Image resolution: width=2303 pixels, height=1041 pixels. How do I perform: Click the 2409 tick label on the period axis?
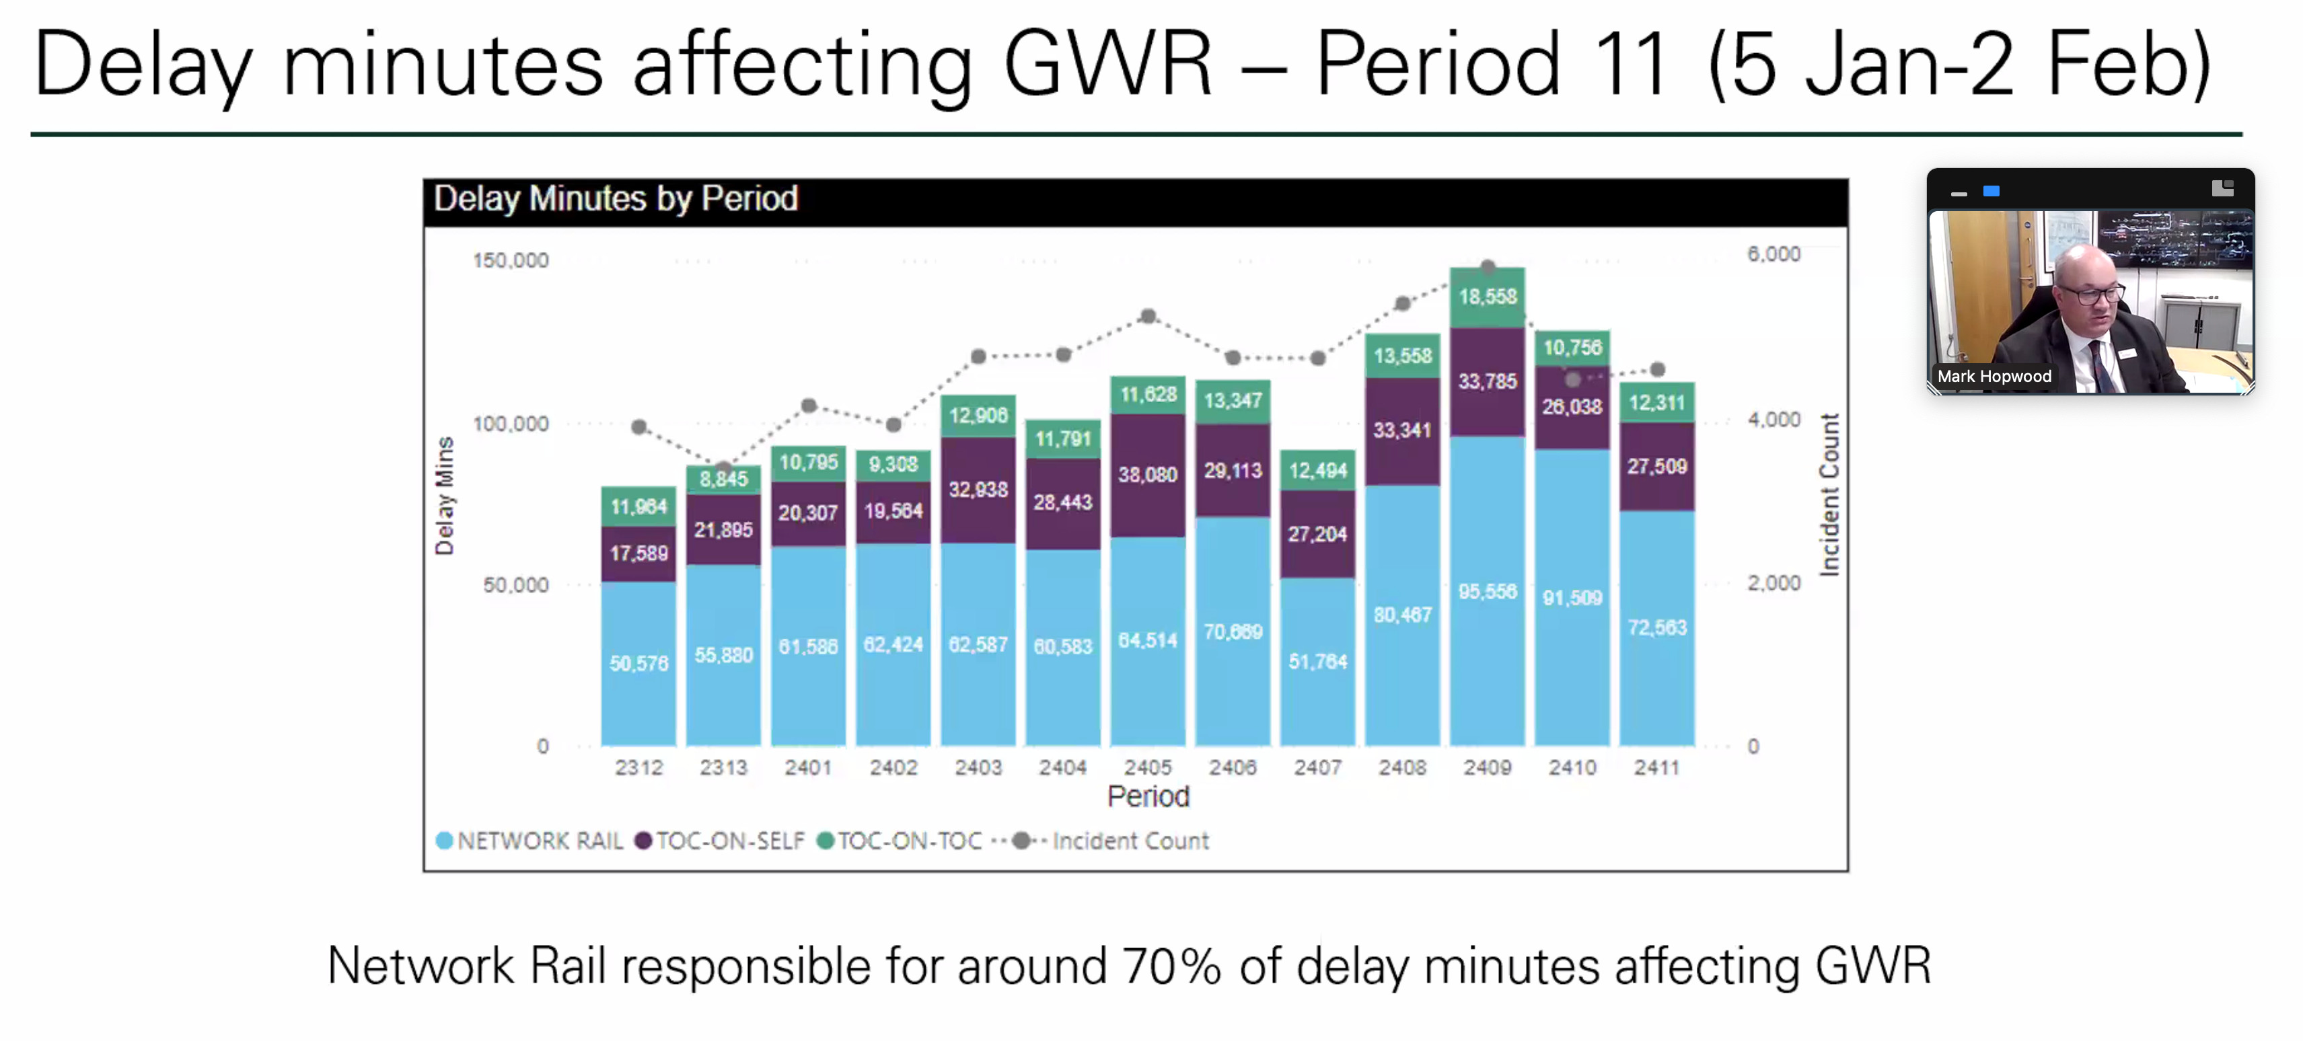coord(1487,767)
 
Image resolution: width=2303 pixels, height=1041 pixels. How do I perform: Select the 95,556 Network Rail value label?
coord(1487,592)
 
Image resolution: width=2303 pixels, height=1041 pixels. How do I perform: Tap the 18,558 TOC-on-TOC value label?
coord(1488,297)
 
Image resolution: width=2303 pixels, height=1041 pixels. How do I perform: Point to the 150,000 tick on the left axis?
coord(511,261)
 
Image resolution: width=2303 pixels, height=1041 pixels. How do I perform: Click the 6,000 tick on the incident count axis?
coord(1774,254)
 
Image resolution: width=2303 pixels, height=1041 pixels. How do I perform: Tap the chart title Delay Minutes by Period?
coord(615,198)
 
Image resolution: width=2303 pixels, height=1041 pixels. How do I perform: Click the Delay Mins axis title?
coord(444,496)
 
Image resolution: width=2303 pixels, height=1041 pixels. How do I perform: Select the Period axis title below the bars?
coord(1148,796)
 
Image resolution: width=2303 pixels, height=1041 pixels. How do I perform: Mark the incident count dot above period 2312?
coord(638,427)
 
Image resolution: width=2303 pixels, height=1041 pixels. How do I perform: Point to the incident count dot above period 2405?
coord(1148,316)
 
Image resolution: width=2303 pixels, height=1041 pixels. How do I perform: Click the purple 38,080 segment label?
coord(1147,475)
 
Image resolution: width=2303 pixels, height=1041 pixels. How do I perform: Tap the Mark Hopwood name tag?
coord(1994,376)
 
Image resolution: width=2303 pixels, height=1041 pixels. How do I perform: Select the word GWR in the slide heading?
coord(1107,65)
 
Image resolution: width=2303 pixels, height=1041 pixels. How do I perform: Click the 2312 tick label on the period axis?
coord(638,767)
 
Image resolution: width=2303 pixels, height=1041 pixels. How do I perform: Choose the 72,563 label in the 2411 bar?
coord(1656,627)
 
